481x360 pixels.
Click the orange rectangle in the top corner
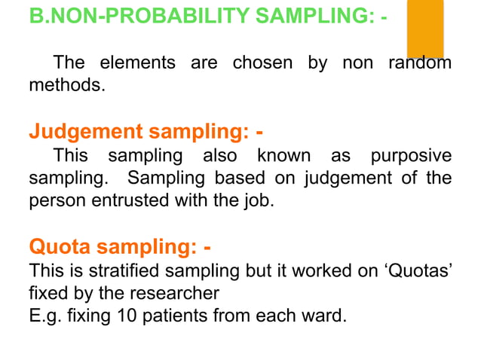[425, 29]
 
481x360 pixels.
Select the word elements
[139, 63]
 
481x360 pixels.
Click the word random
[419, 63]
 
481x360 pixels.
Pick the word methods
[63, 85]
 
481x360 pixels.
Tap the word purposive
[412, 157]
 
